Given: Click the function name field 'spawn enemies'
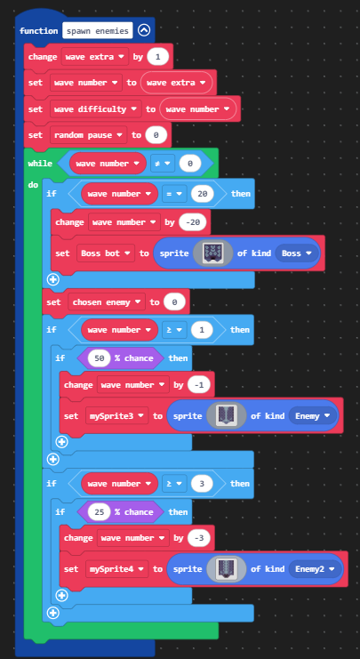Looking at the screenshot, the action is (98, 30).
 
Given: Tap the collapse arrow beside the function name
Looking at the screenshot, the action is (144, 30).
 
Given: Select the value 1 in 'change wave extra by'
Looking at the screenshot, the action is (158, 57).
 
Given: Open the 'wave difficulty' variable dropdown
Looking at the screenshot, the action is (96, 108).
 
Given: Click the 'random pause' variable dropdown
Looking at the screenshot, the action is (89, 135).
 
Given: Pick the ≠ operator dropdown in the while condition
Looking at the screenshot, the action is (163, 164).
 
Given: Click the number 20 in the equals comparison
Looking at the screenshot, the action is (203, 194).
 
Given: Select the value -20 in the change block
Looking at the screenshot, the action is (193, 222).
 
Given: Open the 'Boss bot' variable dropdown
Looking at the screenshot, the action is (106, 253).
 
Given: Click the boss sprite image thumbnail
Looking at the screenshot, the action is (213, 253).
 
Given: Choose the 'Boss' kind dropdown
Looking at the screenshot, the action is (297, 253).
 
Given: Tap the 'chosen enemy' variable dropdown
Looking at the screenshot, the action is (107, 302).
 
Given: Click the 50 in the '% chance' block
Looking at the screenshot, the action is (100, 358).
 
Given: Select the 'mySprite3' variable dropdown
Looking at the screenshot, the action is (116, 416).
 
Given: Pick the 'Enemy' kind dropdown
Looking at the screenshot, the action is (313, 416).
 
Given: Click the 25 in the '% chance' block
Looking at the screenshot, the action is (100, 512).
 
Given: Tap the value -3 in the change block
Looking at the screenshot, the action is (199, 538).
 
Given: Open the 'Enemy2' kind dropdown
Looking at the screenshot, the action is (315, 569).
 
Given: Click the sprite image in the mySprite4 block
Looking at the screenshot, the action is (227, 569).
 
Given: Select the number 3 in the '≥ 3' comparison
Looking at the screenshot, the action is (202, 484).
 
